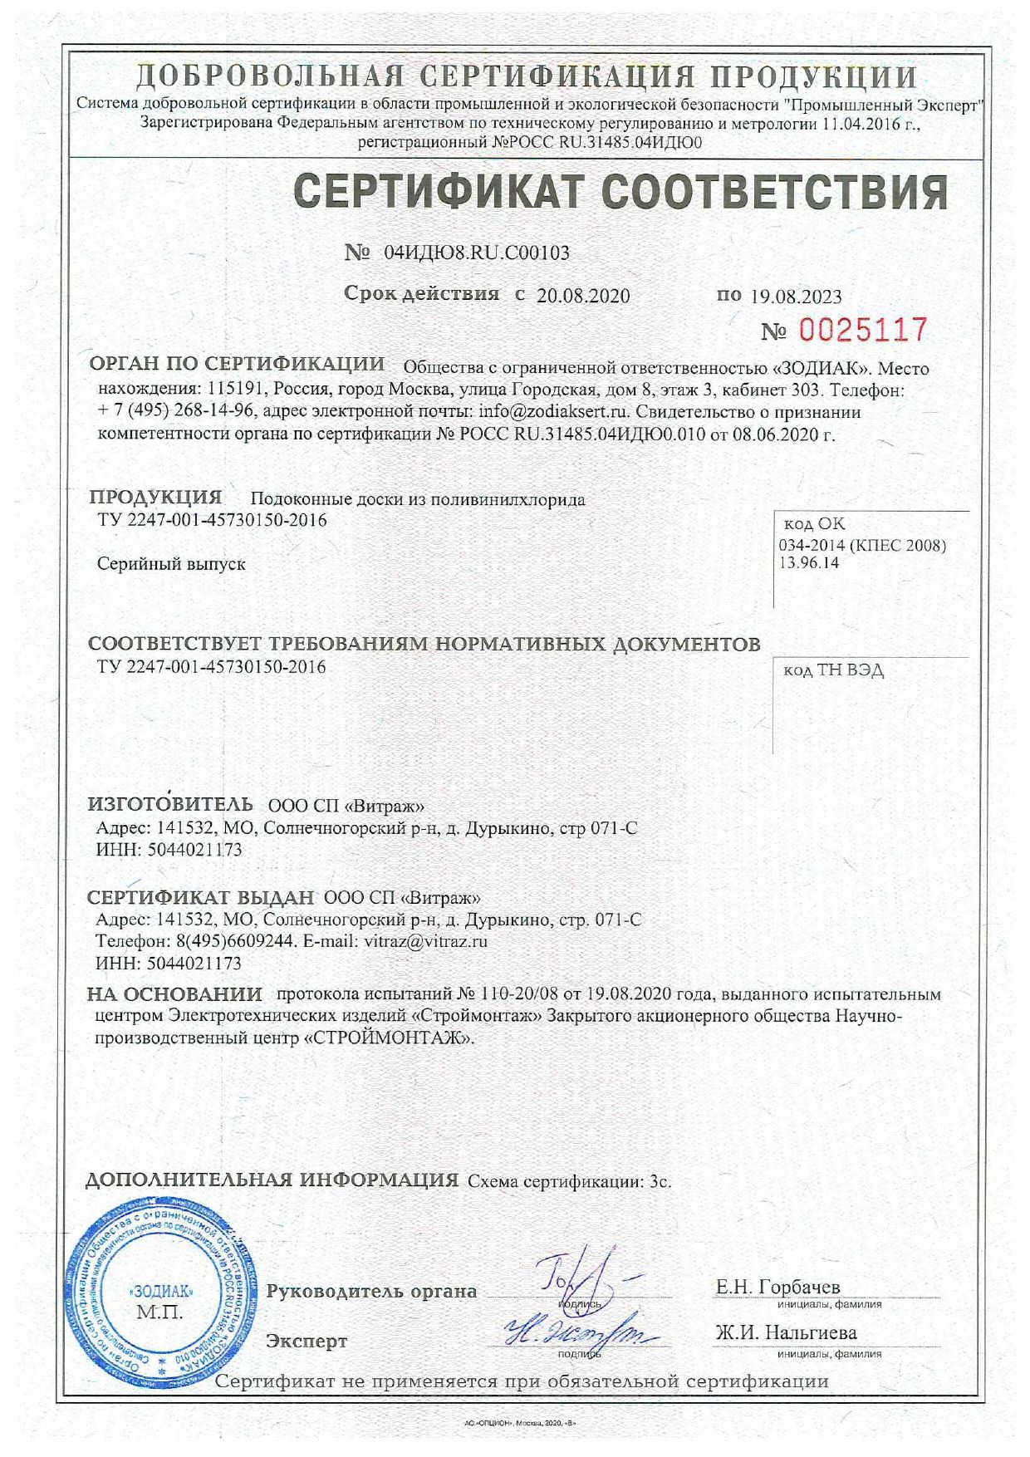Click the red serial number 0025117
862,331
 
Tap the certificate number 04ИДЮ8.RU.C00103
477,253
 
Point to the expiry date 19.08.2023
796,297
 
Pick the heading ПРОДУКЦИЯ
155,498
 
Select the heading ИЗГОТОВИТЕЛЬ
170,805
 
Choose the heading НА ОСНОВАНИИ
174,994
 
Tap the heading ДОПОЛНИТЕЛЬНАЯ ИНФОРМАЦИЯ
272,1180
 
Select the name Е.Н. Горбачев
778,1287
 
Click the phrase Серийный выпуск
171,564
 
